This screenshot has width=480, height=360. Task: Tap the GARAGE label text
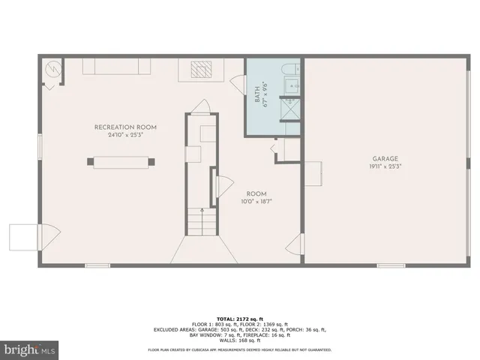385,159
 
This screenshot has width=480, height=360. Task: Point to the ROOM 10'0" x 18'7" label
257,196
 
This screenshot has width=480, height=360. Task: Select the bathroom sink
292,86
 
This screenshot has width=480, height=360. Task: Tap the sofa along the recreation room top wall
116,67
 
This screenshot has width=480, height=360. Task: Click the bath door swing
238,82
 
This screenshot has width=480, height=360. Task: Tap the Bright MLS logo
30,349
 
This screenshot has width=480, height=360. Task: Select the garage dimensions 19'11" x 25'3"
385,166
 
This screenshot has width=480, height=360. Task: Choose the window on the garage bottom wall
391,265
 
